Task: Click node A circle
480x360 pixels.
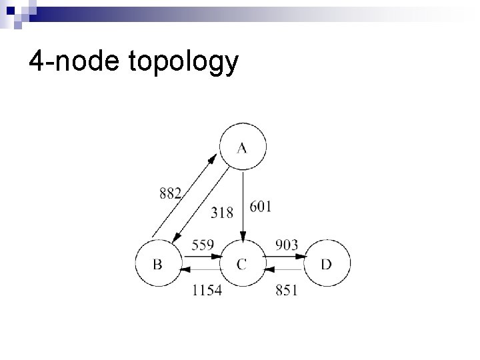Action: [x=242, y=147]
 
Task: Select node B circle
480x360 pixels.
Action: [x=158, y=265]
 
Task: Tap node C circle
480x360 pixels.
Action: [x=242, y=265]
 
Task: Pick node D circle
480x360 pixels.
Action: [x=326, y=265]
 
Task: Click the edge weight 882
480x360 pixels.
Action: [x=171, y=193]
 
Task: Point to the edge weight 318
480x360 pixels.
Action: [x=222, y=213]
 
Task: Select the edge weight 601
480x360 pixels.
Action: [x=261, y=207]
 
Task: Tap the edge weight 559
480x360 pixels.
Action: [x=203, y=245]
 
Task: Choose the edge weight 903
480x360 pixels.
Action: [x=287, y=245]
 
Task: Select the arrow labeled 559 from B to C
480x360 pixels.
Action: [x=199, y=256]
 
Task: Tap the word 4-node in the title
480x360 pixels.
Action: [x=71, y=62]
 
